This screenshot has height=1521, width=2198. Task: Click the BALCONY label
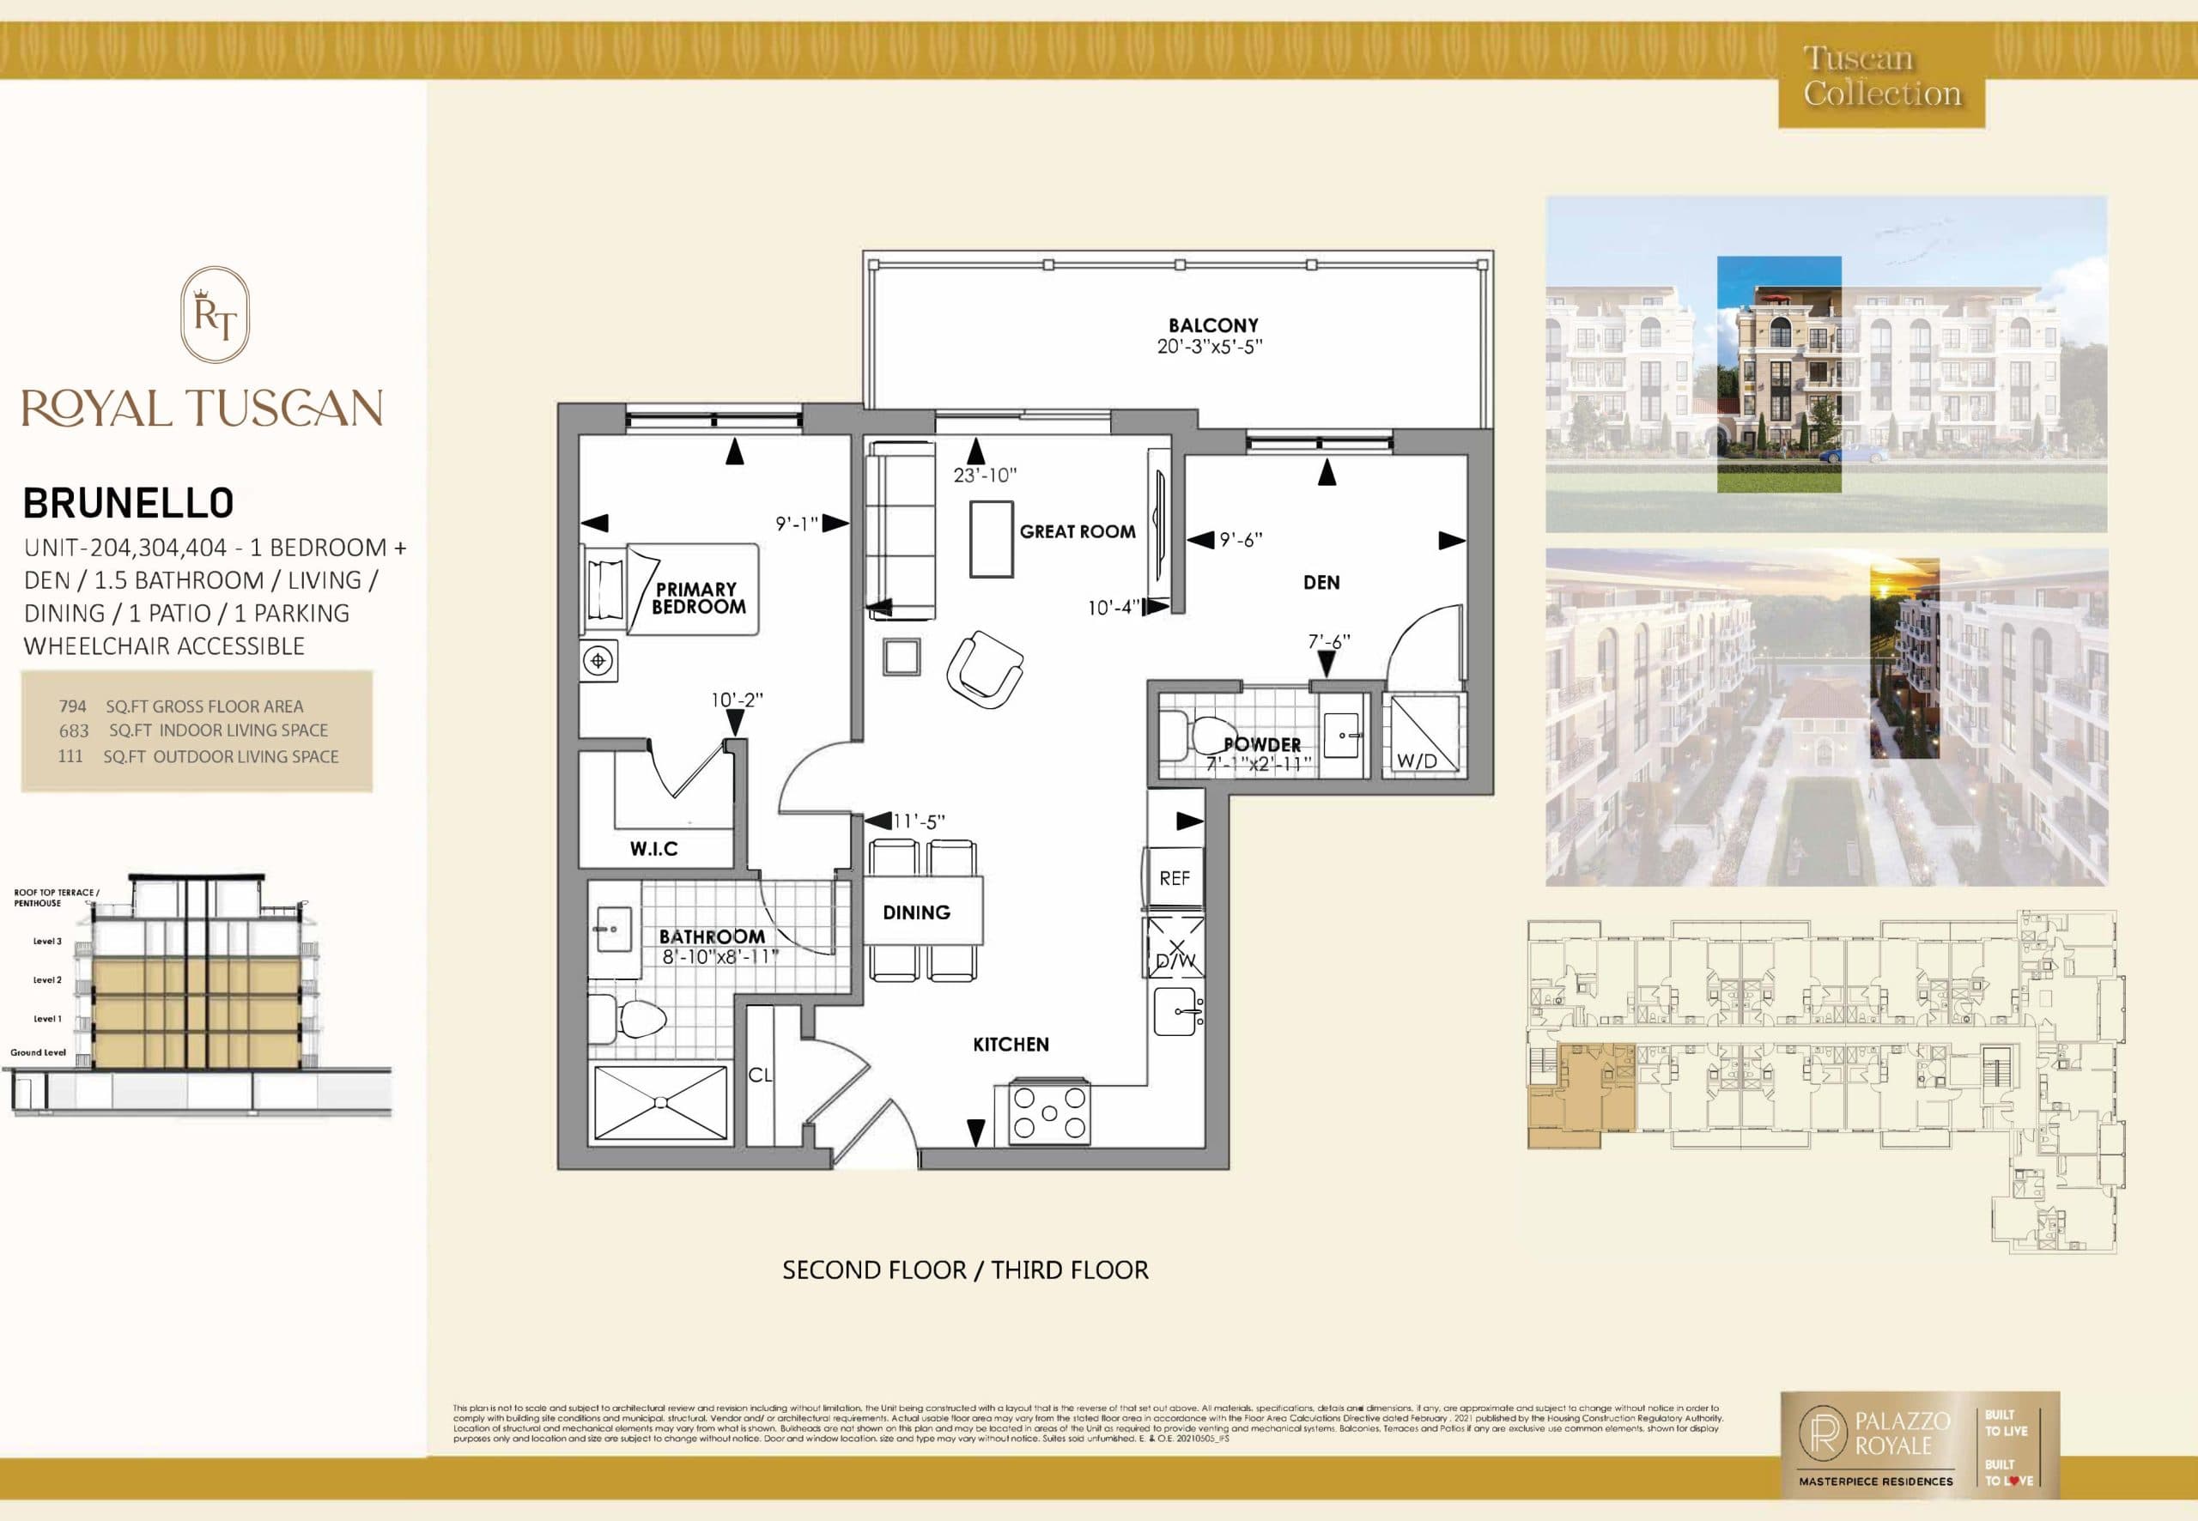coord(1213,326)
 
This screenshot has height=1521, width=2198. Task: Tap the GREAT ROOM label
coord(1077,532)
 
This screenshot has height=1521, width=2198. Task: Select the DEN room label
coord(1321,582)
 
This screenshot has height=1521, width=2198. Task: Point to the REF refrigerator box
coord(1175,878)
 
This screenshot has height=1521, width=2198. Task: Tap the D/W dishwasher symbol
coord(1175,948)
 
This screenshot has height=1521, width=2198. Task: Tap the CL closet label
coord(760,1075)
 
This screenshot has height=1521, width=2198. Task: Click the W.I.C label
coord(654,848)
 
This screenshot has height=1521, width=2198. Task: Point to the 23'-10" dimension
coord(986,475)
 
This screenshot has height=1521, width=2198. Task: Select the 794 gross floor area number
coord(72,706)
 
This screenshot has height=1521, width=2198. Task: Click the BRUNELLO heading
coord(129,503)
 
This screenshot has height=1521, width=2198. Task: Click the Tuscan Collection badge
coord(1881,77)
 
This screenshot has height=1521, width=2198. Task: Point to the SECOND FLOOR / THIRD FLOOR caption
coord(964,1270)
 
